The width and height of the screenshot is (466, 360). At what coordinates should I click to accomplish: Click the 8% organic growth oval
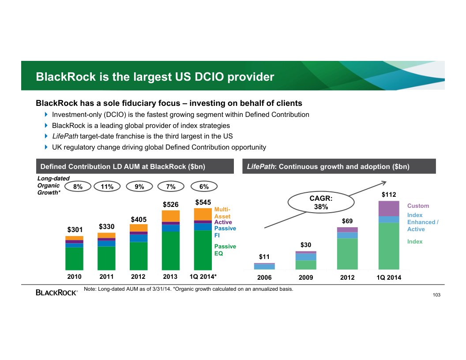[78, 187]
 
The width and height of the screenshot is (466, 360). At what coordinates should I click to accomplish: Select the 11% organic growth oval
[107, 187]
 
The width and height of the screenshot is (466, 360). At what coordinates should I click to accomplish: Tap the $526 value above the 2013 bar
[170, 204]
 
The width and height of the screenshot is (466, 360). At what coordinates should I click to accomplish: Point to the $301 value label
[75, 230]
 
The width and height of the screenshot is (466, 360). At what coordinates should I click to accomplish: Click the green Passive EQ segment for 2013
[170, 251]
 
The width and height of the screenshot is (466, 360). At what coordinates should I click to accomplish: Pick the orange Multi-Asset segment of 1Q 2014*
[203, 214]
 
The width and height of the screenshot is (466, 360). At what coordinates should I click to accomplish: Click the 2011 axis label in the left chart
[106, 277]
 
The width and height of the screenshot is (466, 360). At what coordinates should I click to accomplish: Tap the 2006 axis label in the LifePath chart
[264, 277]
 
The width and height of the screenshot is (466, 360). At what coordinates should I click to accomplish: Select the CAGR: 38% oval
[321, 203]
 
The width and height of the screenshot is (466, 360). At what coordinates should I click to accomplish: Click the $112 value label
[389, 195]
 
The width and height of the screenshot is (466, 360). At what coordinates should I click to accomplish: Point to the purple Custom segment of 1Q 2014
[389, 209]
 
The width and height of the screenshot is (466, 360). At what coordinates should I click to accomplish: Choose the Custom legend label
[418, 206]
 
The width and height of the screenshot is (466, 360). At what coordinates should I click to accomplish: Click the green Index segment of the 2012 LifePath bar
[347, 254]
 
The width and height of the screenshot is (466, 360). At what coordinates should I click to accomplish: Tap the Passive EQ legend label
[225, 250]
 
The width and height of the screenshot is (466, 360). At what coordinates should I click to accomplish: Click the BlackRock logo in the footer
[56, 292]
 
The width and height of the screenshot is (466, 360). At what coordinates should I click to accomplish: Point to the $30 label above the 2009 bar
[306, 245]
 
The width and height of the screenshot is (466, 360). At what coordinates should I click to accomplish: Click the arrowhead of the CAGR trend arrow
[384, 183]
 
